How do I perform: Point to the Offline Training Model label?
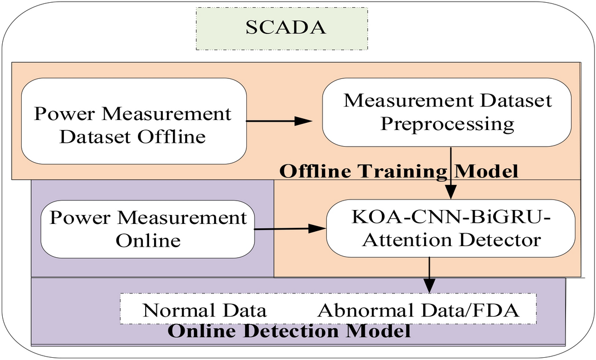click(x=399, y=171)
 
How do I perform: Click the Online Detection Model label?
click(x=289, y=332)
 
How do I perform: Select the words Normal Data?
click(x=205, y=311)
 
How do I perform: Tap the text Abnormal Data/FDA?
click(x=419, y=311)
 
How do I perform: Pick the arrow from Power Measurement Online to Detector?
click(x=290, y=228)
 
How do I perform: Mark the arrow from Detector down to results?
click(x=429, y=276)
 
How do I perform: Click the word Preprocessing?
click(x=448, y=123)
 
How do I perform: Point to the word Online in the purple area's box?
click(x=148, y=241)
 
